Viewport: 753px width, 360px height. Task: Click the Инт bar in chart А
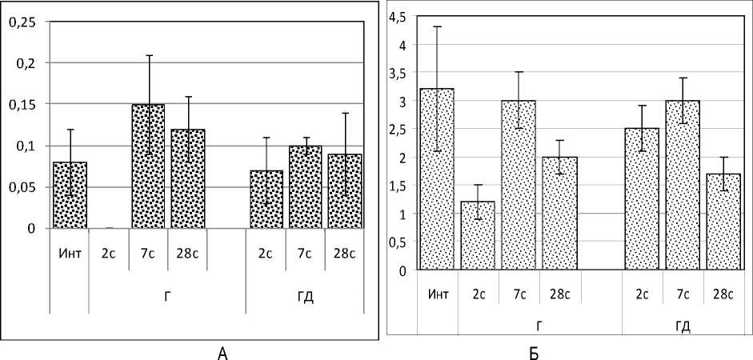(70, 195)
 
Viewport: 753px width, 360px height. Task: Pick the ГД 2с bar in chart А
(266, 199)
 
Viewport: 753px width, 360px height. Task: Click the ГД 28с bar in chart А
(345, 191)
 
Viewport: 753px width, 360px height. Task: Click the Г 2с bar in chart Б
(479, 236)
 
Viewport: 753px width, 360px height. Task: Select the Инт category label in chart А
(70, 254)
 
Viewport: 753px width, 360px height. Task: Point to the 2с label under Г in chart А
(109, 254)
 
